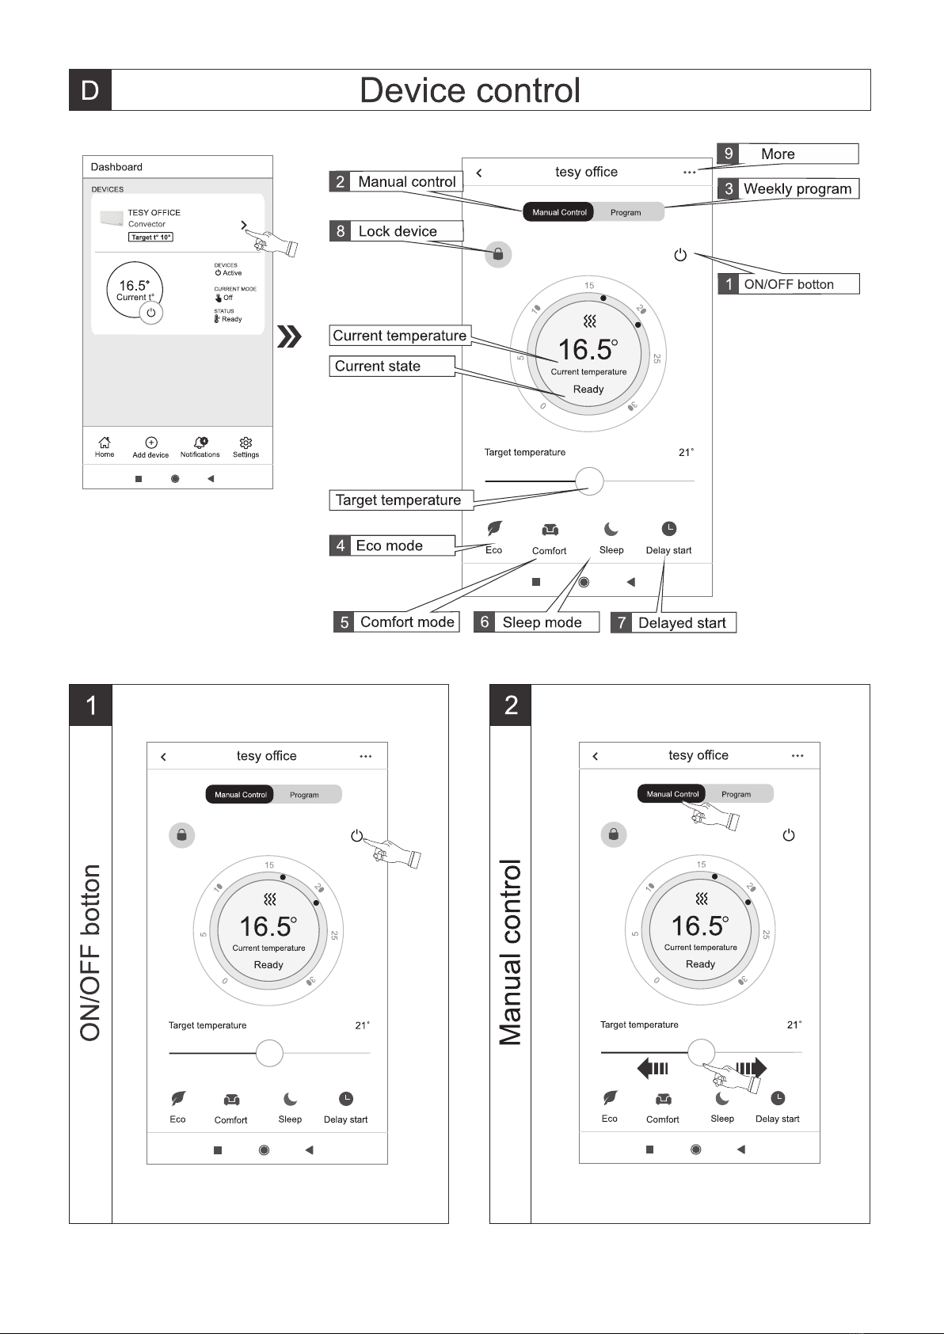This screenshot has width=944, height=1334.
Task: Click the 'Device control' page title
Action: click(x=470, y=90)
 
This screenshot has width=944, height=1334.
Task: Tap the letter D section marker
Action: click(x=90, y=90)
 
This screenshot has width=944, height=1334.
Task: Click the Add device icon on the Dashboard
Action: click(x=151, y=443)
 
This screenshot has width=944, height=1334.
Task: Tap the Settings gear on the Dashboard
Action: click(x=246, y=443)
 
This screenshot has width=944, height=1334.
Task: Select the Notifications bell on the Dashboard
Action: click(x=200, y=443)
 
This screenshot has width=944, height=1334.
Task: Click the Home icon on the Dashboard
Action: click(x=105, y=443)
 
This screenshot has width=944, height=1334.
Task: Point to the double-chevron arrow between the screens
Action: click(x=290, y=337)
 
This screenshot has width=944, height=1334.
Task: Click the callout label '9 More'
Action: click(x=787, y=154)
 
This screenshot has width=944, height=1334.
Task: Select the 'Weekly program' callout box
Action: click(x=788, y=188)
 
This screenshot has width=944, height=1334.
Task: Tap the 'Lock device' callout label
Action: click(x=396, y=231)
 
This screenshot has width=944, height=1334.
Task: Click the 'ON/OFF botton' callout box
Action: click(x=788, y=284)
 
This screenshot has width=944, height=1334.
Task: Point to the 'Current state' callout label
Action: click(x=392, y=366)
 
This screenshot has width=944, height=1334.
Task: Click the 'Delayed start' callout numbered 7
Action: click(x=673, y=622)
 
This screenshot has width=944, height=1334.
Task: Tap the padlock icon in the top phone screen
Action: click(x=498, y=254)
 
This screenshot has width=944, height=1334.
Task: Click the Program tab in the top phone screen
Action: click(x=626, y=212)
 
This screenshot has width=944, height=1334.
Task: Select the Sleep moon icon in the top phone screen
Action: click(x=611, y=530)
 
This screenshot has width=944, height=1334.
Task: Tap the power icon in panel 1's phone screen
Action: click(x=357, y=835)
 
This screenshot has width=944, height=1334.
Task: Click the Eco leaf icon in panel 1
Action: click(x=178, y=1099)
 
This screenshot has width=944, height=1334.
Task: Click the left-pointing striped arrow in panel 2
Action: click(x=653, y=1068)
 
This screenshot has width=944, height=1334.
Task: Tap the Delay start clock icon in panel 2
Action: click(x=778, y=1098)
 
